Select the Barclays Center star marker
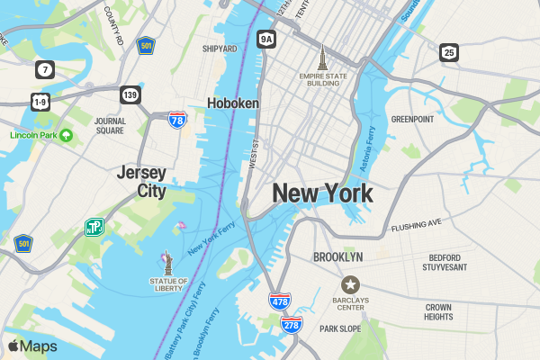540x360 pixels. (x=350, y=285)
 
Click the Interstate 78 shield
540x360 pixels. (x=177, y=119)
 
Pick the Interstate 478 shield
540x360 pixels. (x=280, y=301)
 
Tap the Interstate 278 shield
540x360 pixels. (x=291, y=324)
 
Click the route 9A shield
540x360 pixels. (x=265, y=39)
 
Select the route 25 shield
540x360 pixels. (x=448, y=52)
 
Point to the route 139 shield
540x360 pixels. (x=130, y=94)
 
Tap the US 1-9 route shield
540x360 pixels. (x=40, y=102)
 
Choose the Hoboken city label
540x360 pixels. (x=232, y=103)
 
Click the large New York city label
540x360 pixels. (x=322, y=193)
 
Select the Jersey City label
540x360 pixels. (x=141, y=181)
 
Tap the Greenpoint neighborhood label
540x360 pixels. (x=413, y=119)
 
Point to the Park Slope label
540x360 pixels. (x=340, y=328)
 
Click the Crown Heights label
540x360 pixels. (x=438, y=311)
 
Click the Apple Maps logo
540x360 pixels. (x=32, y=346)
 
